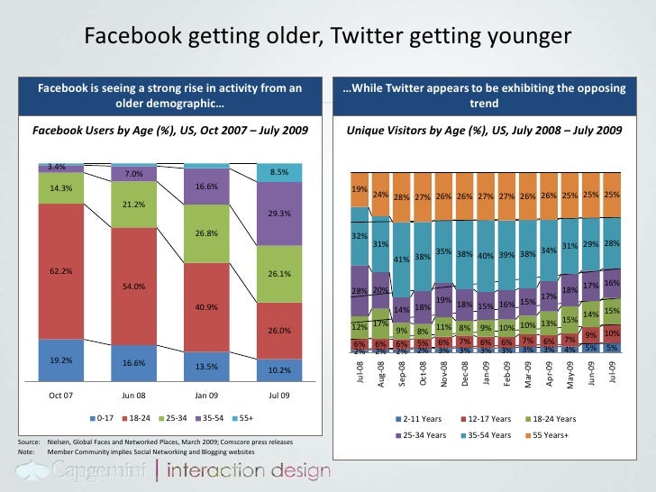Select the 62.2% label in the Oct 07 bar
click(x=61, y=270)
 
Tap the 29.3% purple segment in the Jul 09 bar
click(x=278, y=214)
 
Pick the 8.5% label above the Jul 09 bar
click(x=278, y=171)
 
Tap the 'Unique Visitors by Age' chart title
click(x=484, y=132)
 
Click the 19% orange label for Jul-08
click(x=359, y=190)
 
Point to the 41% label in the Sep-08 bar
click(x=402, y=259)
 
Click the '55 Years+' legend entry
click(x=555, y=435)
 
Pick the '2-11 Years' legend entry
click(x=425, y=419)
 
